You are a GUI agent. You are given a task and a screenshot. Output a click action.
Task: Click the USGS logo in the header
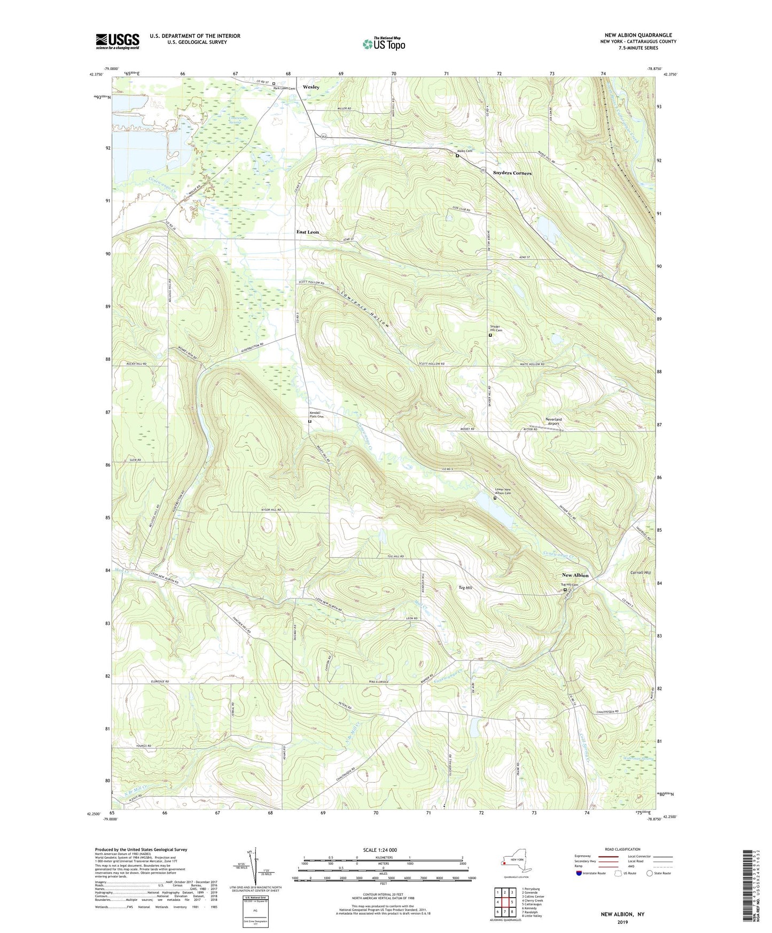point(118,41)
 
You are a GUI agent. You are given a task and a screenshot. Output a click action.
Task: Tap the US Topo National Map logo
point(384,43)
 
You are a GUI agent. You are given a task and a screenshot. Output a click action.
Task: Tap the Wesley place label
point(311,87)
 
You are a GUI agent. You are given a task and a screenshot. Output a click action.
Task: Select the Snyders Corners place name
point(512,173)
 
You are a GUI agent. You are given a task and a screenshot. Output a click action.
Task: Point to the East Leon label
point(308,232)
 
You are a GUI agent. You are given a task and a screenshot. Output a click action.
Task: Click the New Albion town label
point(575,575)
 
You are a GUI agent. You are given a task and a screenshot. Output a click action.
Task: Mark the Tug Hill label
point(465,587)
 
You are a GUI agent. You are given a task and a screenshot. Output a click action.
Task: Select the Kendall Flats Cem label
point(317,415)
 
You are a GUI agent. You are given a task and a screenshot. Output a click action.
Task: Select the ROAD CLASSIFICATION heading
point(622,849)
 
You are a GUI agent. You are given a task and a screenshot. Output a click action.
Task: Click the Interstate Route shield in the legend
point(579,873)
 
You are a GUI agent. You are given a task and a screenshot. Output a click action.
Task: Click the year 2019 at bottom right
point(622,922)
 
